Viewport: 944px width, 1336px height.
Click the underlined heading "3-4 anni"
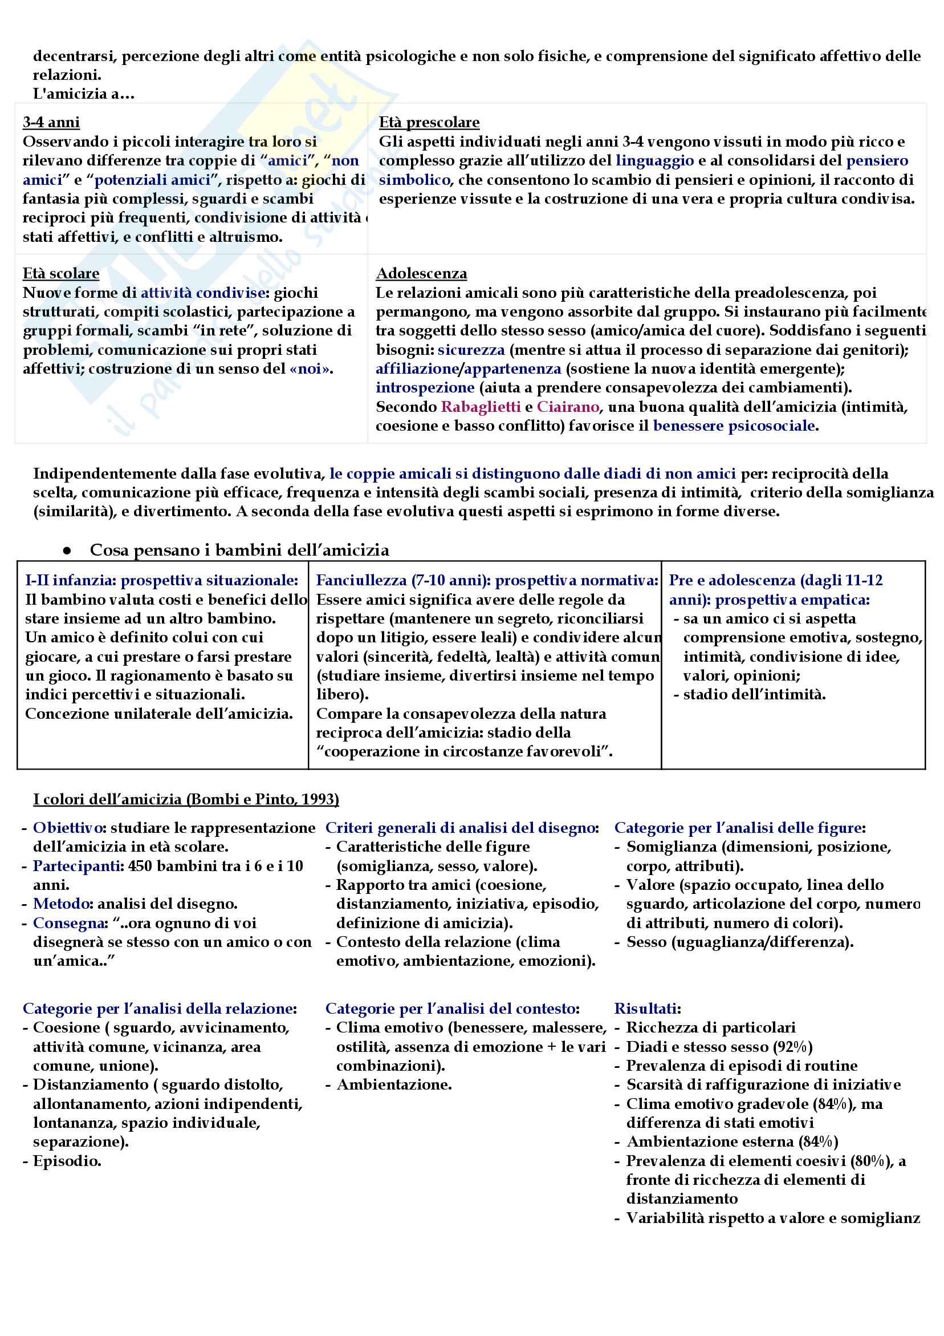tap(51, 122)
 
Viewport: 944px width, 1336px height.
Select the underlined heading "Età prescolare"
tap(429, 122)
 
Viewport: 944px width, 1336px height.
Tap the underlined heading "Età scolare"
tap(60, 273)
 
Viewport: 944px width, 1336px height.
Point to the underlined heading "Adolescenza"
tap(421, 273)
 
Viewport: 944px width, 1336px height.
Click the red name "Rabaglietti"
tap(481, 407)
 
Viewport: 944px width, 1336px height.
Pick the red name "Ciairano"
tap(568, 407)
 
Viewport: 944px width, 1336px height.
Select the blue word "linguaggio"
tap(654, 161)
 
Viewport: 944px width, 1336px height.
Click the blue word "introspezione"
tap(425, 387)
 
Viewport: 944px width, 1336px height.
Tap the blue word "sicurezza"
tap(471, 350)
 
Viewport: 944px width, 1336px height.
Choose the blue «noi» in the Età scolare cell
tap(310, 369)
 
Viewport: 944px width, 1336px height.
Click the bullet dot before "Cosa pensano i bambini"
tap(67, 550)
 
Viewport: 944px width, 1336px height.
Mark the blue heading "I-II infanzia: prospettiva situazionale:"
tap(161, 580)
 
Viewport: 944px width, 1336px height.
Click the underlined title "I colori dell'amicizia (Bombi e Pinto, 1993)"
tap(185, 799)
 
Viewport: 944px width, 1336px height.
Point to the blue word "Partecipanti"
tap(78, 866)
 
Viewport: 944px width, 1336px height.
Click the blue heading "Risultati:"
tap(648, 1009)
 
